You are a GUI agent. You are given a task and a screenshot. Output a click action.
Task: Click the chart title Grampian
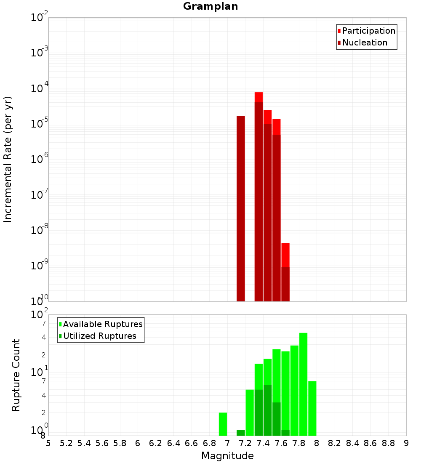coord(210,6)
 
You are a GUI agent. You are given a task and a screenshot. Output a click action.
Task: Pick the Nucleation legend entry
coord(365,43)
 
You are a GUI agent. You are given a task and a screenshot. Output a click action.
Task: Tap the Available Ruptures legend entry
coord(103,324)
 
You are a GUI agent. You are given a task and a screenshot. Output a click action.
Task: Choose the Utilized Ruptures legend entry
coord(99,336)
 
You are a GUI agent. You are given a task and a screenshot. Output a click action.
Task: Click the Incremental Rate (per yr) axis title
coord(8,159)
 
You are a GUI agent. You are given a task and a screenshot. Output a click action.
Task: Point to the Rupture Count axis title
coord(16,375)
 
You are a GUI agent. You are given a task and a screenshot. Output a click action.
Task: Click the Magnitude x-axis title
coord(227,456)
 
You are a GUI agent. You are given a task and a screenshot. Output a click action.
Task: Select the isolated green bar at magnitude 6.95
coord(223,424)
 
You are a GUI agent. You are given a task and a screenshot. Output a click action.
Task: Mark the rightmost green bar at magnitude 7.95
coord(312,408)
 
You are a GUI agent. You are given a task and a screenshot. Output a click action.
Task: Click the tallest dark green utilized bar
coord(267,410)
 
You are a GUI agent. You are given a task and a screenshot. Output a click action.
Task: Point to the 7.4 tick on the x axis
coord(263,443)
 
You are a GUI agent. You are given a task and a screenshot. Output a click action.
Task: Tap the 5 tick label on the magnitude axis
coord(48,443)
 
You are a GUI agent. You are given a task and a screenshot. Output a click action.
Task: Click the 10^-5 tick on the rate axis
coord(40,124)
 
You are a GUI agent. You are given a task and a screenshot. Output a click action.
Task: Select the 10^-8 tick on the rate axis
coord(40,231)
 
